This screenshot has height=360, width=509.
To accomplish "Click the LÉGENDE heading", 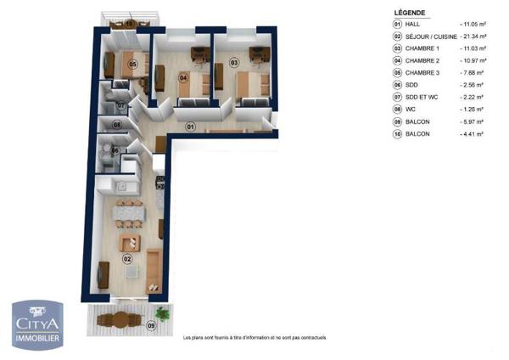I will (x=410, y=14).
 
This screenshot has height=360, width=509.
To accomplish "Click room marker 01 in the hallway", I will (x=191, y=127).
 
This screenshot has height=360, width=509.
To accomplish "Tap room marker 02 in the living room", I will (x=127, y=259).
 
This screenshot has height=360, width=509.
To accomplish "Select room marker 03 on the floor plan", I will (x=235, y=63).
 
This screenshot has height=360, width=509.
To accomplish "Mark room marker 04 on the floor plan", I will (x=182, y=78).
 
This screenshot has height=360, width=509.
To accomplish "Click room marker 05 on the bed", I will (x=132, y=64).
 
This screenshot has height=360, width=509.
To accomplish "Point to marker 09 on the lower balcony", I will (x=152, y=324).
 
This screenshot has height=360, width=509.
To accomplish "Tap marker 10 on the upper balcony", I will (x=129, y=23).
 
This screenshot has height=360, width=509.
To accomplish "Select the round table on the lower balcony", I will (x=120, y=321).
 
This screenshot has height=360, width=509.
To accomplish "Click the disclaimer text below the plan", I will (x=255, y=338).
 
